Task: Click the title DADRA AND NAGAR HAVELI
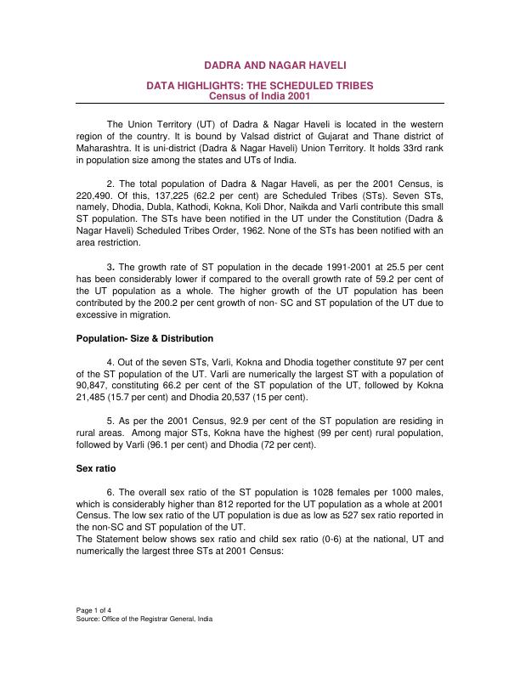276,65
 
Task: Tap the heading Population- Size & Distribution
144,338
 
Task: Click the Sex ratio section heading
96,467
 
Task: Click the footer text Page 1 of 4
94,610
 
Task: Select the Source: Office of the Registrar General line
144,619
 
